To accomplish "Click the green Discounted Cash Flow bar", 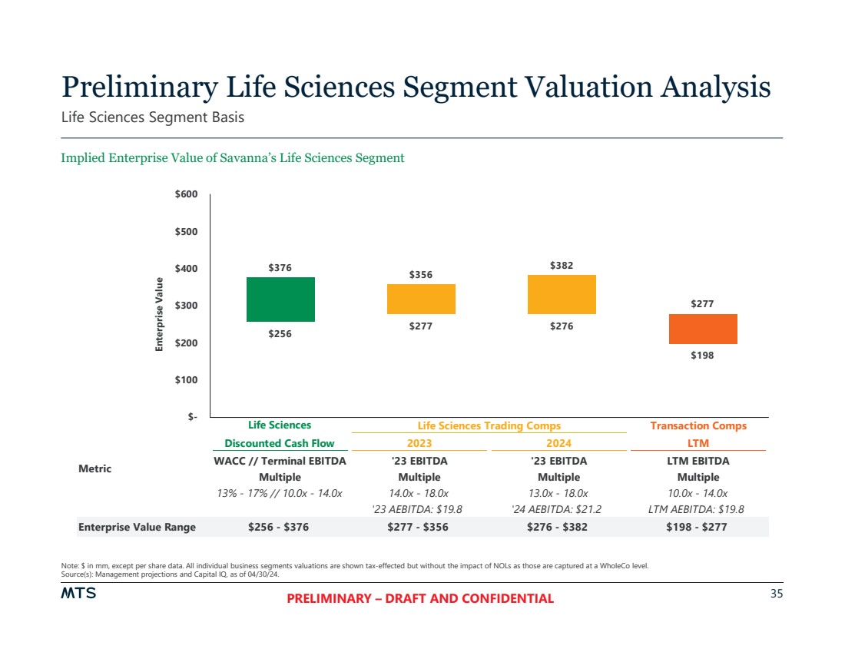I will (x=280, y=300).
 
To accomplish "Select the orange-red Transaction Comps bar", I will (x=703, y=329).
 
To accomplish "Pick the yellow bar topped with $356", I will (x=421, y=299).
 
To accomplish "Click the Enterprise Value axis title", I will (x=160, y=314).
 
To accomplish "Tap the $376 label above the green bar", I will (x=280, y=268).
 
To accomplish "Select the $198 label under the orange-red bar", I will (x=702, y=356).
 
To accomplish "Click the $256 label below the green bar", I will (x=280, y=334).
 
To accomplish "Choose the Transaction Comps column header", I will (x=698, y=425).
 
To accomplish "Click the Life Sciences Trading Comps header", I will (x=489, y=425).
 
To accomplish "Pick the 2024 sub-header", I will (x=558, y=443).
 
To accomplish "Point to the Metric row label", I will (x=94, y=468).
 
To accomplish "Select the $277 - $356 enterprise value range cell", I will (x=418, y=527).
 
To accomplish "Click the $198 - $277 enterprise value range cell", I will (x=698, y=527).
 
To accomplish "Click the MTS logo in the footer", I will (x=78, y=594).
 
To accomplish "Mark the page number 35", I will (x=776, y=594).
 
